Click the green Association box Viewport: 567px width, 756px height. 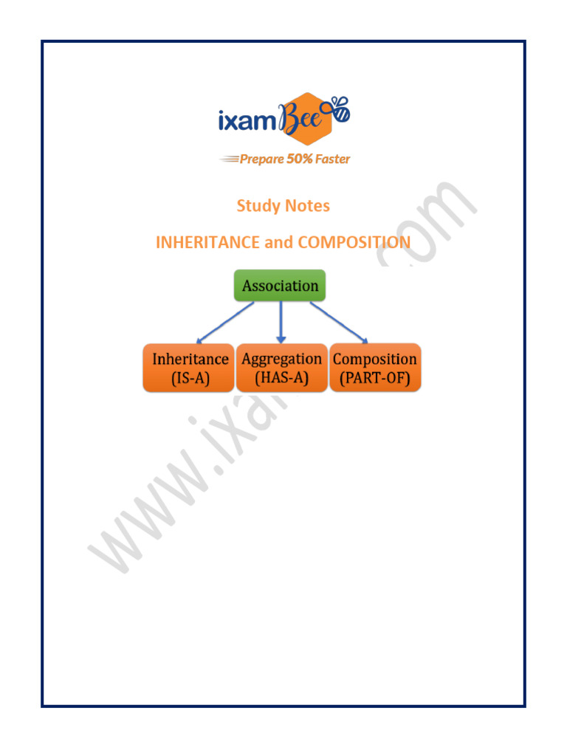pos(280,286)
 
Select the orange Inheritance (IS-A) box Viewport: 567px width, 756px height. pos(189,368)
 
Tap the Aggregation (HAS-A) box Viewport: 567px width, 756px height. pos(281,368)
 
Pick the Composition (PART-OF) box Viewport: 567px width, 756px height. pos(374,368)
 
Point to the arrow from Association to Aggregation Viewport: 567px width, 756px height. pos(281,322)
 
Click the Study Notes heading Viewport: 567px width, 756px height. pos(283,206)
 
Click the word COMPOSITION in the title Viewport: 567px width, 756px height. pos(355,242)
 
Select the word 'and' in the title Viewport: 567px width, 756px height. pos(278,242)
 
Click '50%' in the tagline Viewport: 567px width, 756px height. pos(299,159)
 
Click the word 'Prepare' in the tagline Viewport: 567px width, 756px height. pos(262,159)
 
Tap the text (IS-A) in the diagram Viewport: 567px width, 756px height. pos(189,379)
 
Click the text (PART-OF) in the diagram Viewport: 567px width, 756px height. pos(374,379)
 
